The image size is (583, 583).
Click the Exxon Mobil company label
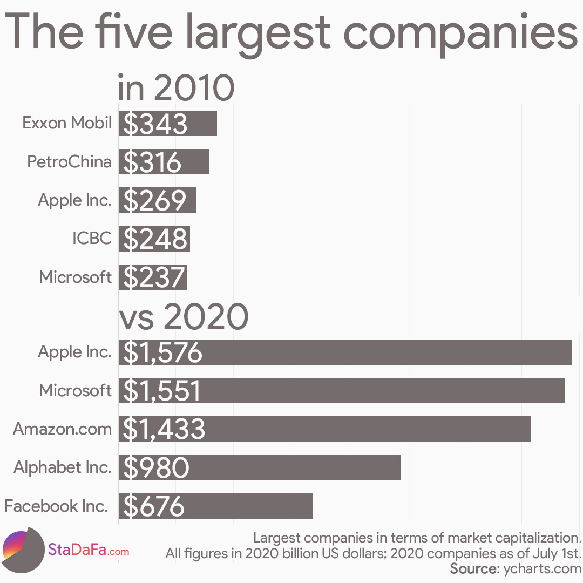67,123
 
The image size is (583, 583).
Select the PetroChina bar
164,161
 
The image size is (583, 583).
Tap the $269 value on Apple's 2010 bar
155,200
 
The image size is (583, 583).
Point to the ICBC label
92,239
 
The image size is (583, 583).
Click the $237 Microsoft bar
153,277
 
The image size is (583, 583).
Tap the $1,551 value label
162,391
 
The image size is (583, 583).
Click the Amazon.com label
62,429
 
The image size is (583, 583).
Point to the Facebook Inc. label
56,506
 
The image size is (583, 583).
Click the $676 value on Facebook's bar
154,506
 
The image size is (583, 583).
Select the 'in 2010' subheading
175,88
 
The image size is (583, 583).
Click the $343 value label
155,124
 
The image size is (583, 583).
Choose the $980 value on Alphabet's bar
156,468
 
